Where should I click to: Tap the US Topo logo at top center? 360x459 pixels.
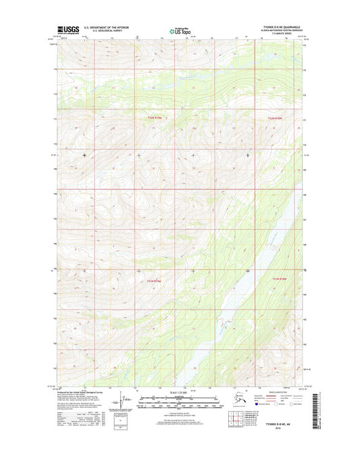pyautogui.click(x=180, y=30)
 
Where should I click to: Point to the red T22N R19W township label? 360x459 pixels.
pyautogui.click(x=155, y=118)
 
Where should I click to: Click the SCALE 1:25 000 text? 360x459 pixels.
pyautogui.click(x=180, y=393)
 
